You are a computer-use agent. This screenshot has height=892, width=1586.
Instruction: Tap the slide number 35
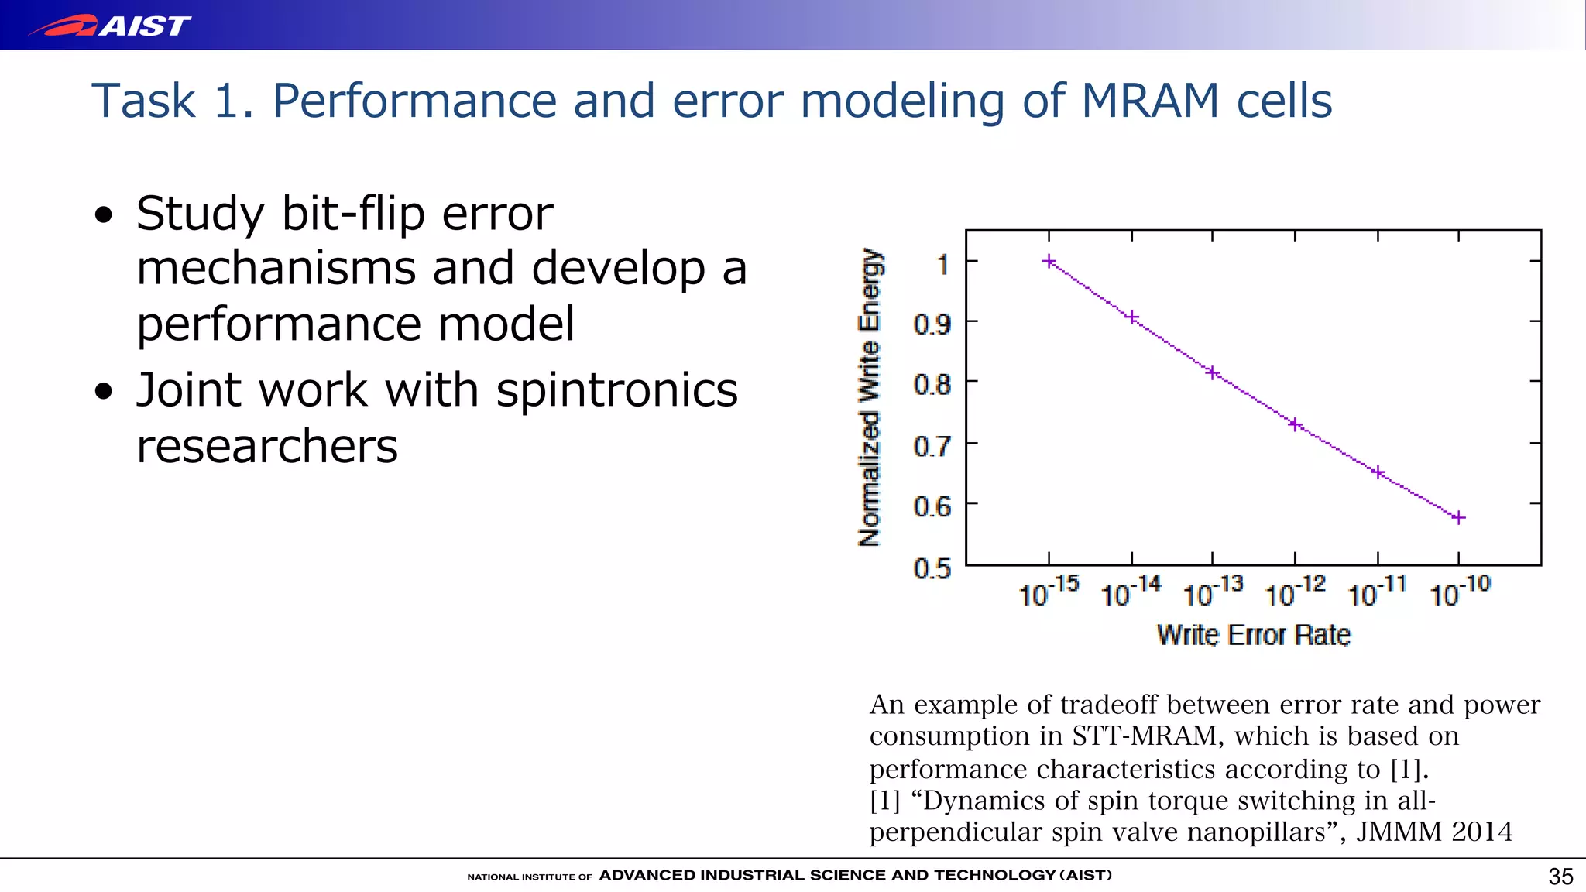click(1560, 877)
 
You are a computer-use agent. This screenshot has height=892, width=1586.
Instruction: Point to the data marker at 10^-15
click(1049, 262)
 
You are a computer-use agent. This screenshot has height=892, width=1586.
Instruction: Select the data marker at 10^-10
click(1458, 517)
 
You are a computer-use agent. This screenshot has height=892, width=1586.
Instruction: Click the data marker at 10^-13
click(1213, 373)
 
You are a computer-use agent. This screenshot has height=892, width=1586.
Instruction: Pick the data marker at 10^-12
click(1295, 424)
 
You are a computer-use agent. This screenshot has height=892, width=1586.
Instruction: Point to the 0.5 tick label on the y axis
click(932, 569)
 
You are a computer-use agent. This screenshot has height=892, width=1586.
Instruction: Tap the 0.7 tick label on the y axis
click(932, 447)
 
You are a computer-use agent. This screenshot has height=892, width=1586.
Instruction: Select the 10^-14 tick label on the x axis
click(1131, 592)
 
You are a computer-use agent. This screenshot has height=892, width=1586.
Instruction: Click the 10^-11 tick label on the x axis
click(1377, 592)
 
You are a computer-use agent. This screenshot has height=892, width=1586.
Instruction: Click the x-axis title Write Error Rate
click(1253, 635)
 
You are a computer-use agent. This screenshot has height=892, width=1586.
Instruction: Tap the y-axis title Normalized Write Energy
click(870, 398)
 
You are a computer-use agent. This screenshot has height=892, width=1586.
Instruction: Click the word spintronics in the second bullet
click(616, 390)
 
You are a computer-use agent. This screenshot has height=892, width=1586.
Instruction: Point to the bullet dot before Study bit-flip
click(104, 216)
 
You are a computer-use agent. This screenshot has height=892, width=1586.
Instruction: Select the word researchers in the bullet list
click(267, 447)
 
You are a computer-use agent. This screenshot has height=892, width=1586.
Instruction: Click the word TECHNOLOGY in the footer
click(994, 876)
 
